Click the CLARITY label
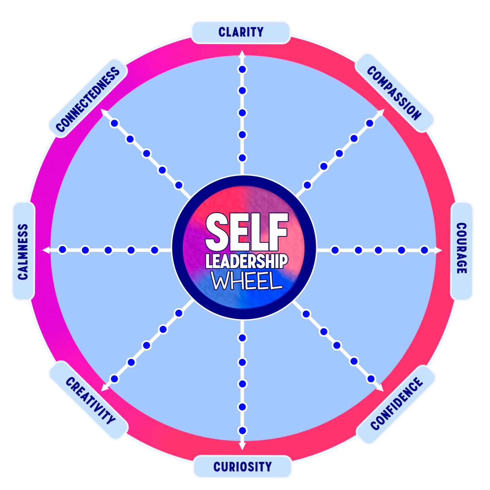pos(241,32)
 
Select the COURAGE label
pos(461,248)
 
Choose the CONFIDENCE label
pos(396,404)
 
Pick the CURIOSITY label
pos(242,467)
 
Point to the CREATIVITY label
pos(90,401)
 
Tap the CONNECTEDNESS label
pos(88,99)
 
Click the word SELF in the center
pos(246,232)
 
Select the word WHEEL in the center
pos(247,281)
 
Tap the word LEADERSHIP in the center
pos(246,261)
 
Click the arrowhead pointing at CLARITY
pos(242,53)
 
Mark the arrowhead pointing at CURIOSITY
pos(242,446)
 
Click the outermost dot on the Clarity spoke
pos(242,69)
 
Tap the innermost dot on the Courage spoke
pos(335,250)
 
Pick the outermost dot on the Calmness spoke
pos(62,250)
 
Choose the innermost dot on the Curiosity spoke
pos(242,338)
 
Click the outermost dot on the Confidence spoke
pos(371,379)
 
